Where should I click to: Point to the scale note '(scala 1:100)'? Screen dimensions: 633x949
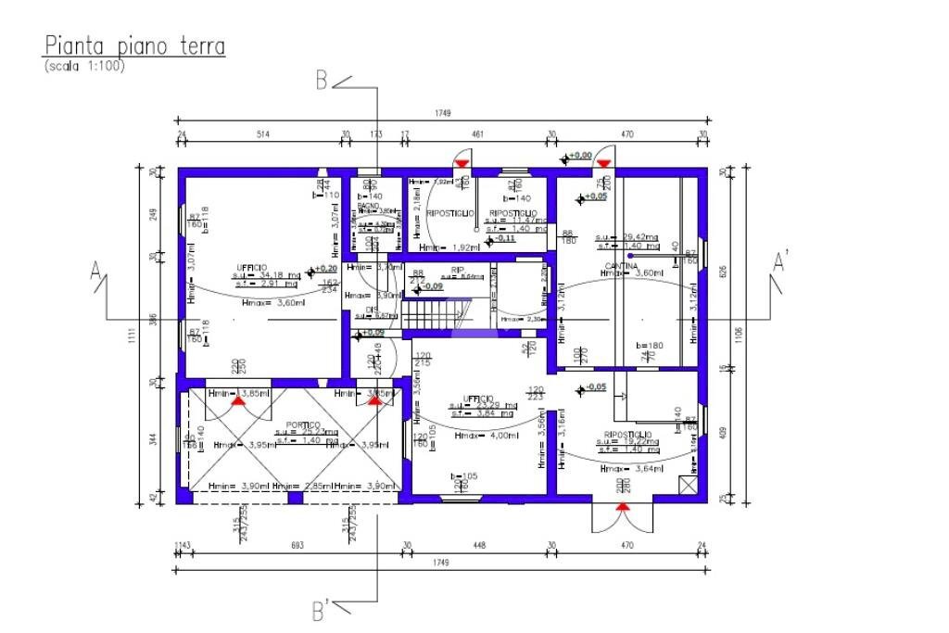pos(84,66)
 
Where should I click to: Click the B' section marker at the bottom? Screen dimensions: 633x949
pos(320,611)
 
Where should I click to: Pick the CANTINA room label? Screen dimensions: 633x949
pos(619,265)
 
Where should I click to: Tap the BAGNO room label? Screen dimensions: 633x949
pos(369,205)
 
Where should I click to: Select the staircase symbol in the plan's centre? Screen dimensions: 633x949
pos(437,312)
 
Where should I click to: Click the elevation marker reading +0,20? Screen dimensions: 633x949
pos(325,268)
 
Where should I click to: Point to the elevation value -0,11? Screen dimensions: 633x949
pos(504,238)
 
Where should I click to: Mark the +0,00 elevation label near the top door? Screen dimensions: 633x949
pos(580,156)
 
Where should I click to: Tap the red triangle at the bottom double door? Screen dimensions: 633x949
pos(624,507)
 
